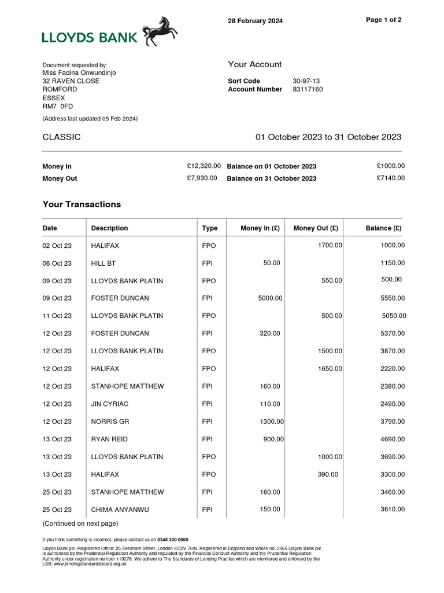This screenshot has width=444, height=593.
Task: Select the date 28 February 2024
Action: [x=256, y=21]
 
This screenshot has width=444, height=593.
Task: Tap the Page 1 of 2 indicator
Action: [x=384, y=20]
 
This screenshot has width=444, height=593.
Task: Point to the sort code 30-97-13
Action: [x=305, y=81]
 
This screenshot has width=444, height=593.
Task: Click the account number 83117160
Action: [x=308, y=90]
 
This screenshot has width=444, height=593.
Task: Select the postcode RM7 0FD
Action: [x=58, y=107]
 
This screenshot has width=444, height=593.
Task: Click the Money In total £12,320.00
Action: [x=203, y=166]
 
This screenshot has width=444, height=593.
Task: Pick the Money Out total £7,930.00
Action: [x=202, y=178]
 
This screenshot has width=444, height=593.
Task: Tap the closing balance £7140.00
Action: [x=390, y=178]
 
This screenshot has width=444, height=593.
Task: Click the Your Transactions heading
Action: [x=82, y=204]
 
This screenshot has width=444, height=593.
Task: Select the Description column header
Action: [x=109, y=228]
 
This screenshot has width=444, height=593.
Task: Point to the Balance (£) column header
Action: [x=383, y=228]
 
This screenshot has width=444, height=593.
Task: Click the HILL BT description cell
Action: [x=103, y=263]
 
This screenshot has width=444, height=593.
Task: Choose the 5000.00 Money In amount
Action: [x=270, y=298]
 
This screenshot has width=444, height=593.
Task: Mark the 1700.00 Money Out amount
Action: [x=330, y=246]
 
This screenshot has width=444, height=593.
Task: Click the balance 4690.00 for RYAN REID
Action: [x=393, y=440]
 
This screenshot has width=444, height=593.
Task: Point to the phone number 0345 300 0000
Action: [x=173, y=540]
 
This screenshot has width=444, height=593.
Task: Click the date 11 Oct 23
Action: [x=57, y=316]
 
